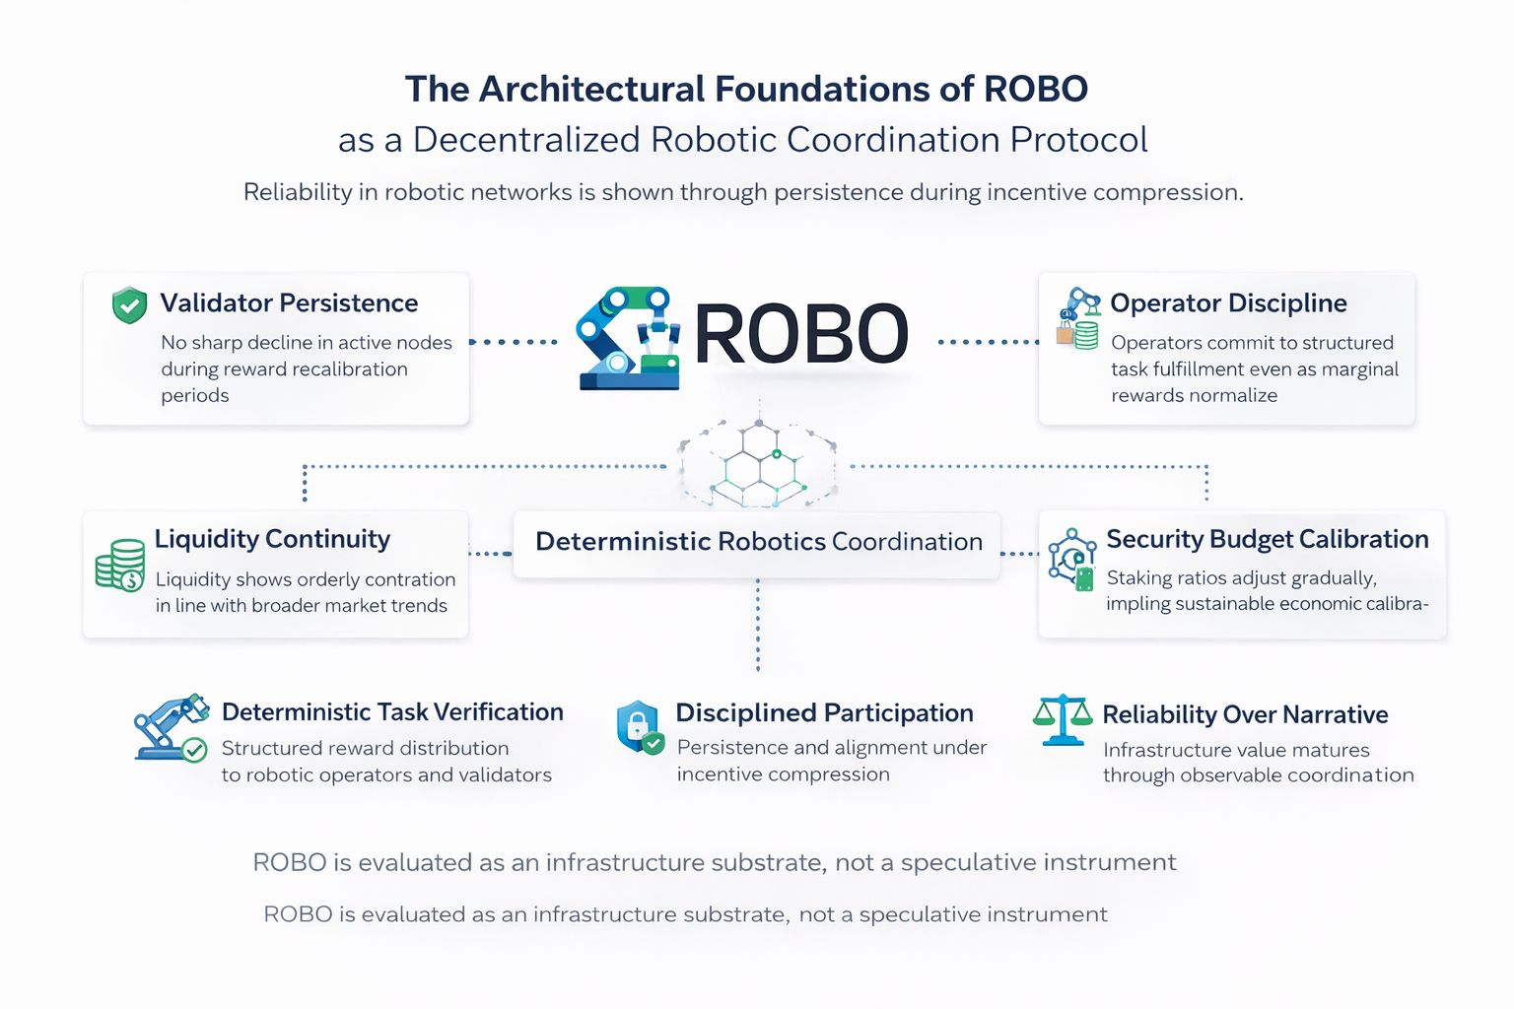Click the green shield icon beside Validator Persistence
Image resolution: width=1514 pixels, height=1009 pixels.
[129, 305]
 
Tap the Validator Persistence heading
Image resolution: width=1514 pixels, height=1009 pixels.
[289, 303]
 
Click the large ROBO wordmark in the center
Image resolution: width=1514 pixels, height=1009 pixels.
[800, 335]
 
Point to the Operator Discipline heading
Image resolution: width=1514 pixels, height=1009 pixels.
[1228, 303]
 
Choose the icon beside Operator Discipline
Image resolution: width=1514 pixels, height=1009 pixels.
[1078, 319]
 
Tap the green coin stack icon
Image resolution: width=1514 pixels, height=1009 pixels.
[119, 565]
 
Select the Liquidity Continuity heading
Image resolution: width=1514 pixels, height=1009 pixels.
[272, 539]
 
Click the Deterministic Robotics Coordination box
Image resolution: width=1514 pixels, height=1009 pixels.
[758, 542]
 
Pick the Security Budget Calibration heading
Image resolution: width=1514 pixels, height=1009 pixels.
[1267, 539]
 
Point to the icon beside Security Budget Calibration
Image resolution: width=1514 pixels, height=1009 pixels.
[1072, 559]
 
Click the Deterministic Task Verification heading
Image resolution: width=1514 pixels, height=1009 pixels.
[392, 712]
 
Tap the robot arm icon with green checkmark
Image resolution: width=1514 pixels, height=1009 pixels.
[171, 727]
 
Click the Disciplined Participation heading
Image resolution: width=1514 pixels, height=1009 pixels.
[824, 713]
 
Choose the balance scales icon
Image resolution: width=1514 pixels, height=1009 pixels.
[1063, 720]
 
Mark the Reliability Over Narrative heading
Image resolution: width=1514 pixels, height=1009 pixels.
[1245, 714]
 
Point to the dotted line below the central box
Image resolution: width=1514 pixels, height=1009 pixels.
[758, 626]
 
